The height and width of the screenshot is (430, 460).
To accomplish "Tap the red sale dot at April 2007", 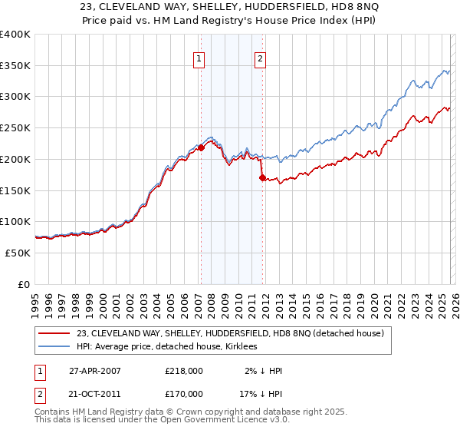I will (201, 147).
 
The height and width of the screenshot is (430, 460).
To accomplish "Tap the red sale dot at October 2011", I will (262, 177).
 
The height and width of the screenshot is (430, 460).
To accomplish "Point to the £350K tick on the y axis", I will (15, 65).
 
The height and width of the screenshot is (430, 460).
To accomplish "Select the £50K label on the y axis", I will (18, 253).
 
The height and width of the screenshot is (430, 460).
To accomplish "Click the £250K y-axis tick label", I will (15, 128).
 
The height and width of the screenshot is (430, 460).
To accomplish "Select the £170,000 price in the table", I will (184, 393).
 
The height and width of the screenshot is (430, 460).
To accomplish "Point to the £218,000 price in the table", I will (184, 371).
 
